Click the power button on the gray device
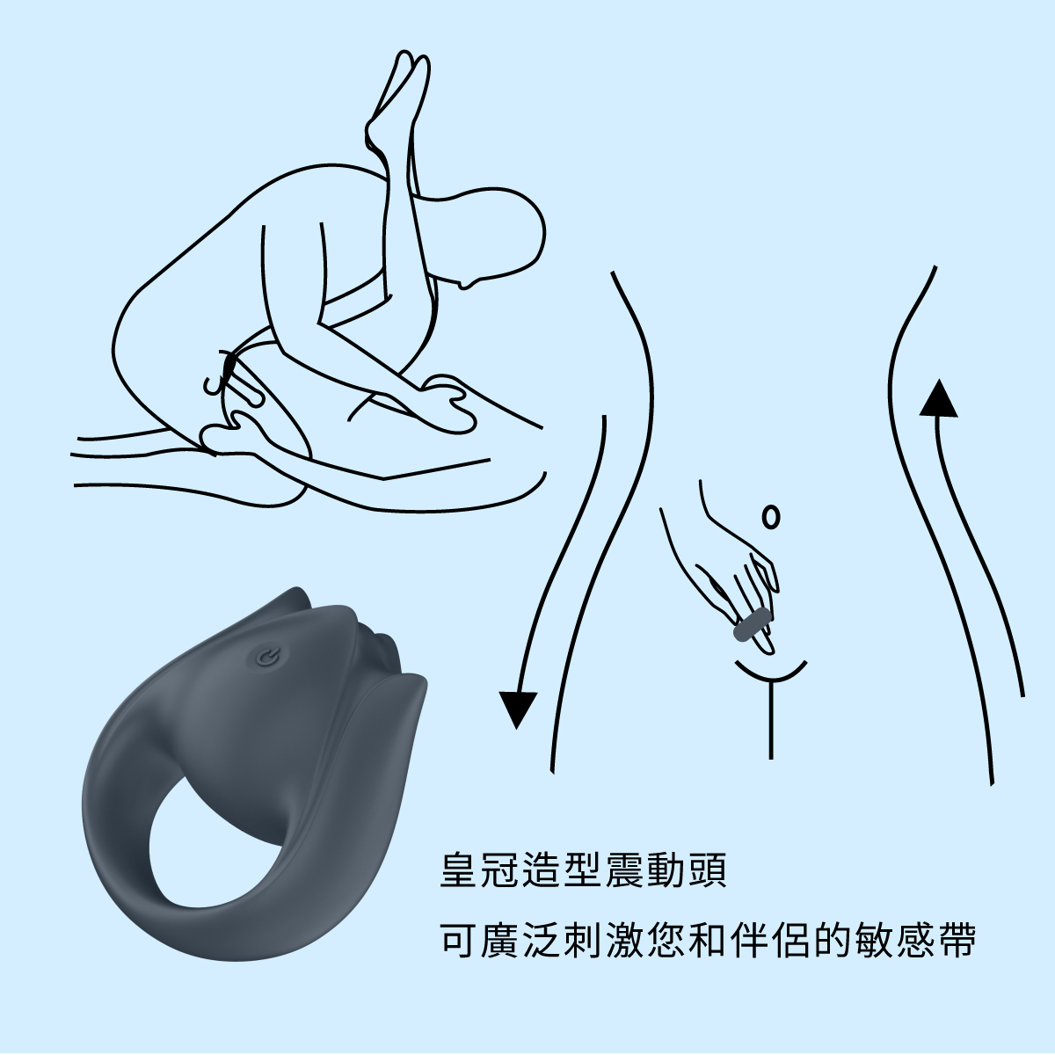[x=265, y=657]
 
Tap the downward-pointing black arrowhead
[x=518, y=709]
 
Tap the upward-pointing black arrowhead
[x=938, y=399]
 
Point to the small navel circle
[x=771, y=517]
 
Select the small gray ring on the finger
[x=753, y=625]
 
